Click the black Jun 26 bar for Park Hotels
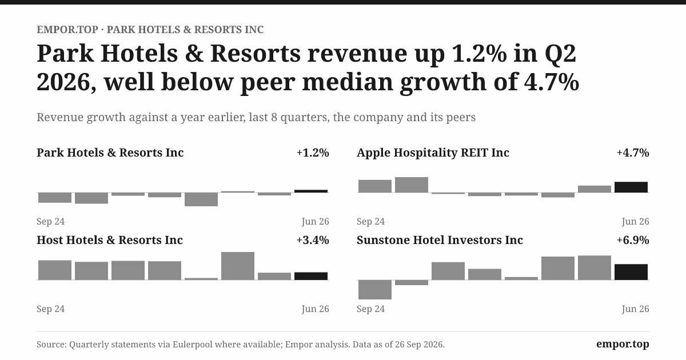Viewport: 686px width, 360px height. pos(311,191)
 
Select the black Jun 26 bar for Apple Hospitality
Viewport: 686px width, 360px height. pos(631,187)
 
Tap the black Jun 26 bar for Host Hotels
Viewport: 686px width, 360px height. pos(311,276)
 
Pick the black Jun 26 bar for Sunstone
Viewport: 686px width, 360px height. pos(631,272)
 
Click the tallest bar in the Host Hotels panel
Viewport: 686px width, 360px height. pos(238,266)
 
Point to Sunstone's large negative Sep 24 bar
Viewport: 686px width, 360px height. pos(375,289)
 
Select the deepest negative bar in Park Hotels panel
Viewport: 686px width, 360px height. pos(201,199)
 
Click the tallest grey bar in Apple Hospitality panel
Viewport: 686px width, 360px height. pos(411,185)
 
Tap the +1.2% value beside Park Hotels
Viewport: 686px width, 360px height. pos(313,153)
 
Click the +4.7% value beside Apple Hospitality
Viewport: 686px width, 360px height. pos(633,153)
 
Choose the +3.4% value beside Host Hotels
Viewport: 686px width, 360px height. pos(313,240)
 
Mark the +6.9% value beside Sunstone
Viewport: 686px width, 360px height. pos(633,240)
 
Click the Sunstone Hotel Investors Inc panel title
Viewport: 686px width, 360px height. pos(440,240)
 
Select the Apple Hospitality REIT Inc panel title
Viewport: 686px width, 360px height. pos(433,153)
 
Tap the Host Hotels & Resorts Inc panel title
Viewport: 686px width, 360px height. pos(110,240)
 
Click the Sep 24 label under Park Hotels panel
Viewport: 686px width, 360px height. pos(50,221)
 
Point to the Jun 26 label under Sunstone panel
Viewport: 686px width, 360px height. pos(635,309)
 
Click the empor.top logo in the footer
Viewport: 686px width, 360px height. pos(623,344)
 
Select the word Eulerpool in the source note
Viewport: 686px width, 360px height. pos(192,345)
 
